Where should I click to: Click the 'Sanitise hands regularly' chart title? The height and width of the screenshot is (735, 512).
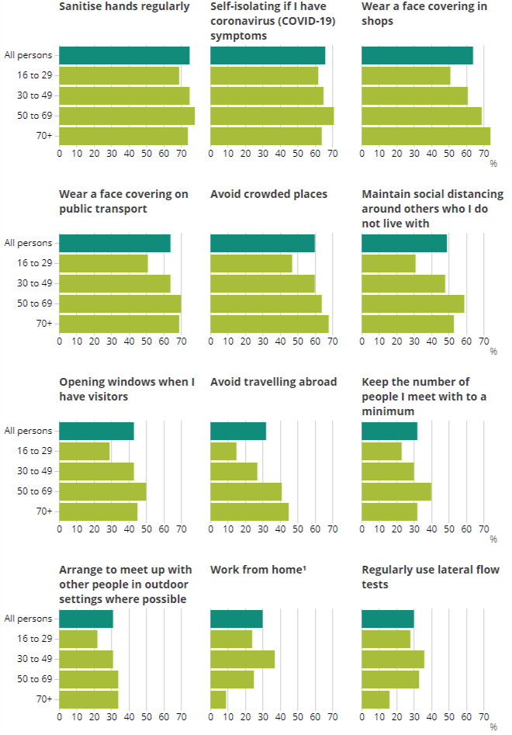(124, 7)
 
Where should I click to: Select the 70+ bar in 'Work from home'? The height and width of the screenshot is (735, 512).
(218, 699)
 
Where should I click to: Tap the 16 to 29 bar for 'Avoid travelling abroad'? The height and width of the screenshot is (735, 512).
(223, 451)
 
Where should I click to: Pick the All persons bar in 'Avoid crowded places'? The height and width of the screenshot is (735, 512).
(262, 243)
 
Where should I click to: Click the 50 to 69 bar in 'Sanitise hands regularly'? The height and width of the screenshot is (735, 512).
(126, 116)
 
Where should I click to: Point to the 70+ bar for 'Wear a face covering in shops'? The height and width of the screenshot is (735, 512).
(426, 136)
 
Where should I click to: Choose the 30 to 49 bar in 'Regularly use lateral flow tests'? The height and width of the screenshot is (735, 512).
(393, 659)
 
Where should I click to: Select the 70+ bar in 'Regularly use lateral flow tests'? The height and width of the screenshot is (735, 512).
(375, 699)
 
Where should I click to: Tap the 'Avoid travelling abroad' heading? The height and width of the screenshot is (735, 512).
(273, 382)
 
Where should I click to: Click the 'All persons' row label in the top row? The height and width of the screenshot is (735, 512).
(28, 55)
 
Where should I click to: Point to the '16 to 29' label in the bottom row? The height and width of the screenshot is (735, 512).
(35, 639)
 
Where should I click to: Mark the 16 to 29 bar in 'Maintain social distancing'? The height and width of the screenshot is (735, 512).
(389, 263)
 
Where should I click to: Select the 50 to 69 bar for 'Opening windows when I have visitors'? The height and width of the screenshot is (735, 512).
(102, 491)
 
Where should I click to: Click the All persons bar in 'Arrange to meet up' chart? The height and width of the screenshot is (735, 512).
(86, 619)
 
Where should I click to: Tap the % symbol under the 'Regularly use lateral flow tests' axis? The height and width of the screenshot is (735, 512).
(493, 727)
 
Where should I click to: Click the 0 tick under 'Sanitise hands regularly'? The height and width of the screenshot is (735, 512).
(60, 154)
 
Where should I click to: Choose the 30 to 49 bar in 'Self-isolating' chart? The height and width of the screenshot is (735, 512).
(267, 95)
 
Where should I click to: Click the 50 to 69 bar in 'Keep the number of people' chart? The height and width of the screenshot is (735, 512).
(396, 491)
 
